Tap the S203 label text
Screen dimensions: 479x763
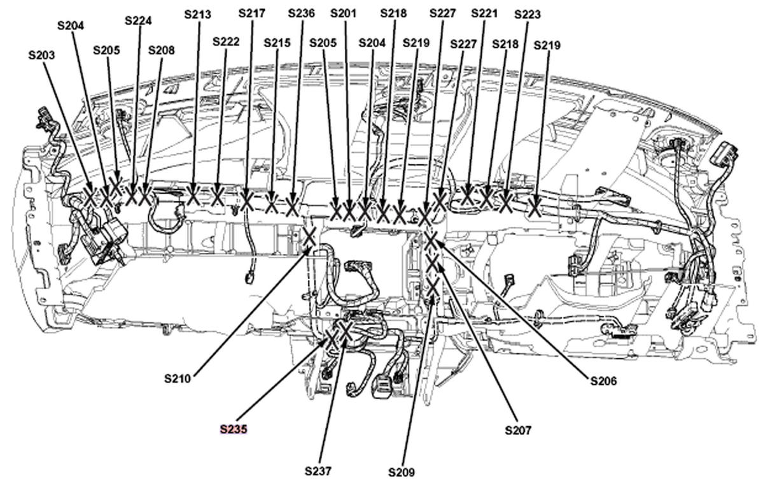pyautogui.click(x=41, y=55)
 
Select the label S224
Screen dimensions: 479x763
pyautogui.click(x=138, y=20)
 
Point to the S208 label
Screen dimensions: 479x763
pyautogui.click(x=161, y=50)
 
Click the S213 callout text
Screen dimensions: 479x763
pyautogui.click(x=197, y=13)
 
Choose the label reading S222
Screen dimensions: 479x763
pyautogui.click(x=226, y=41)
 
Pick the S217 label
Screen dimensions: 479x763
pyautogui.click(x=252, y=13)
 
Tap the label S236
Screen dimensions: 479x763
pyautogui.click(x=301, y=13)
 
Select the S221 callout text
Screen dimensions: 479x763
pyautogui.click(x=484, y=13)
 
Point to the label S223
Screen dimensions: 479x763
pyautogui.click(x=528, y=14)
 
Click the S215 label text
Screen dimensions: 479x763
pyautogui.click(x=277, y=43)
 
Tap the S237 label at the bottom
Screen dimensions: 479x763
pyautogui.click(x=318, y=471)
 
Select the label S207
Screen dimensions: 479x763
pyautogui.click(x=518, y=430)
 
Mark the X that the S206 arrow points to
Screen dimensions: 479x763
pyautogui.click(x=431, y=241)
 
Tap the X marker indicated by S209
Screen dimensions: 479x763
pyautogui.click(x=433, y=288)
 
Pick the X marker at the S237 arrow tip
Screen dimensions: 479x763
pyautogui.click(x=345, y=330)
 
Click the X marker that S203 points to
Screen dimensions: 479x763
pyautogui.click(x=90, y=197)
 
